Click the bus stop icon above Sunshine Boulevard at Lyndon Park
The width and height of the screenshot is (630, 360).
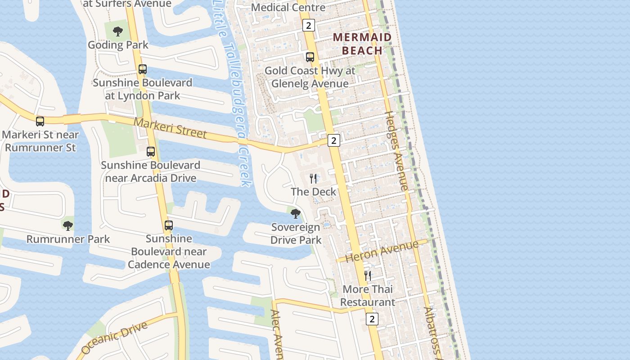(143, 69)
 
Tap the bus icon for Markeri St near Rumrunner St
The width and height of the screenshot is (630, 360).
(40, 121)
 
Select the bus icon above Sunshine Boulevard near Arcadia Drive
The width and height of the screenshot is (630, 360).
(151, 152)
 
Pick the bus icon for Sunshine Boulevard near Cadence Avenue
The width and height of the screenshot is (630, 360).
(169, 225)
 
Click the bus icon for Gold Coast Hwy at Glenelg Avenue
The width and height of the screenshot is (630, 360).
(310, 57)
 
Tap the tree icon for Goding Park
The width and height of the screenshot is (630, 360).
(118, 31)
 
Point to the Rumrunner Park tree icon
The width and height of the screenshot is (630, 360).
(68, 225)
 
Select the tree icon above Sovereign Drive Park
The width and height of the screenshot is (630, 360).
(296, 213)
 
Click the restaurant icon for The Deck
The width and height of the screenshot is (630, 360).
(313, 179)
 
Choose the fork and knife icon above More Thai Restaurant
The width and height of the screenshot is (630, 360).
(368, 275)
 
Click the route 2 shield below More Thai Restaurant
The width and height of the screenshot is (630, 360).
(372, 319)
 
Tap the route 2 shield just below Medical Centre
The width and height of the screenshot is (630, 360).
(308, 25)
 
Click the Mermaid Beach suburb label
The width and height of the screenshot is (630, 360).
(362, 44)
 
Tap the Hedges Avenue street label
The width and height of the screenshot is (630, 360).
(396, 151)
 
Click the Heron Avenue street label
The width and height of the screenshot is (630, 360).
(382, 251)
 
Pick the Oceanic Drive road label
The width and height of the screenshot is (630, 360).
(115, 337)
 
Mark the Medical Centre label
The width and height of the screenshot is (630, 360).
(288, 8)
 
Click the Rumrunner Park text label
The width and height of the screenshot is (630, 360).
(68, 239)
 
